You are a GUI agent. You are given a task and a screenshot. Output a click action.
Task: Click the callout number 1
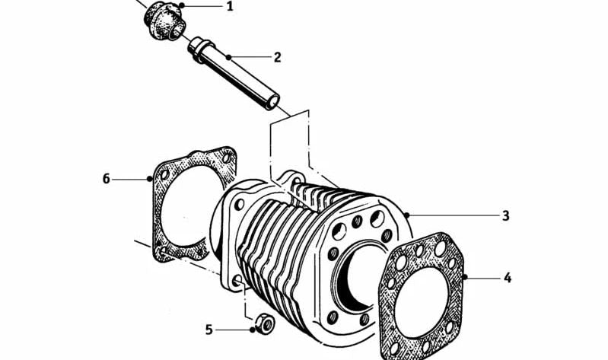(x=230, y=7)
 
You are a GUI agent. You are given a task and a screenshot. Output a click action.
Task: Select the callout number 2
(x=277, y=57)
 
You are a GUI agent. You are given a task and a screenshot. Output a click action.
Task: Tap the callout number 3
(x=505, y=215)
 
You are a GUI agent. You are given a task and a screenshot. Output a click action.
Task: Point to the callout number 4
(x=508, y=278)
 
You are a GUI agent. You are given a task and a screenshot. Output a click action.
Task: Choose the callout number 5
(x=209, y=330)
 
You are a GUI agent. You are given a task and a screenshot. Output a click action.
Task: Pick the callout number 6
(x=107, y=179)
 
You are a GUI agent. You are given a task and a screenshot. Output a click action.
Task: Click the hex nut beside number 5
(x=265, y=323)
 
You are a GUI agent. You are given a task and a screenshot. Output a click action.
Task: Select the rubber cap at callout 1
(x=164, y=21)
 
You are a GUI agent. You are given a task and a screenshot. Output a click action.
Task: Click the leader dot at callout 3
(x=406, y=215)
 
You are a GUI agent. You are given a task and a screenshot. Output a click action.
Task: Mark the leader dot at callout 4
(x=465, y=277)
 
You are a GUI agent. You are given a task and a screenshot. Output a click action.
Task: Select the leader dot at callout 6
(x=150, y=178)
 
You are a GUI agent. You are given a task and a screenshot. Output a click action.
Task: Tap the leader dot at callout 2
(x=229, y=57)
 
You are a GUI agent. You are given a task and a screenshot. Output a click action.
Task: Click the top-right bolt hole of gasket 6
(x=227, y=158)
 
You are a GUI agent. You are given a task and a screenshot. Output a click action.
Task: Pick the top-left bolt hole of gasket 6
(x=164, y=174)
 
